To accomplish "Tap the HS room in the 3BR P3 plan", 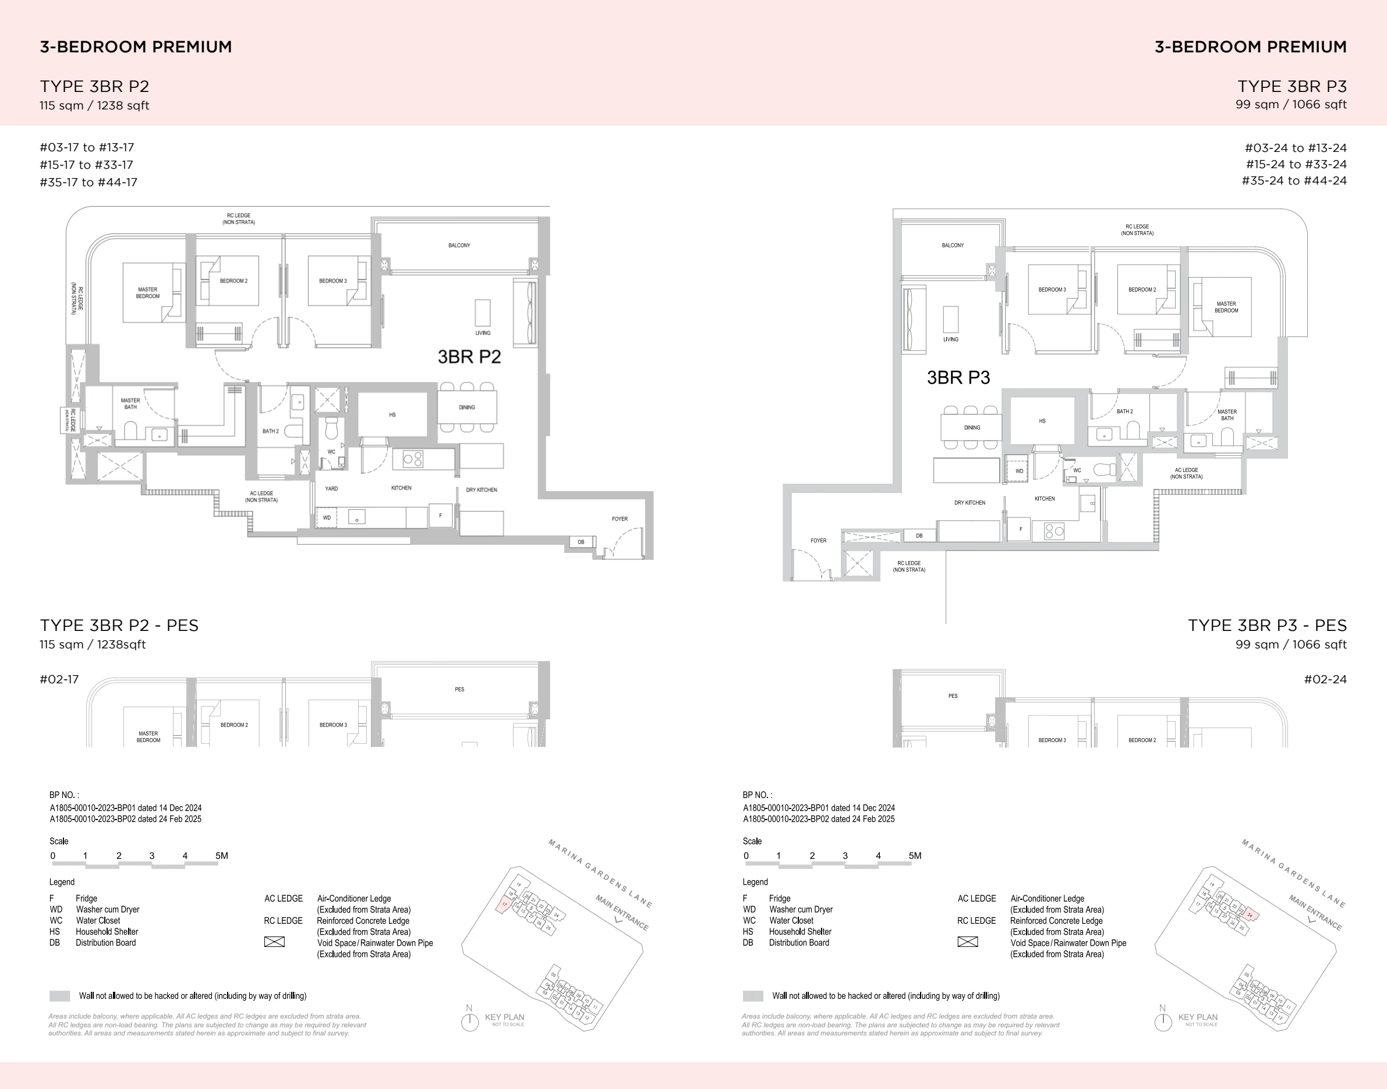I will coord(1042,421).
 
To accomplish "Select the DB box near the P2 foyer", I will coord(581,542).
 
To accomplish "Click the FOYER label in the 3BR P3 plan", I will coord(818,540).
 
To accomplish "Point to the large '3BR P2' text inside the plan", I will coord(469,357).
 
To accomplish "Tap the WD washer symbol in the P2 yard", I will coord(327,517).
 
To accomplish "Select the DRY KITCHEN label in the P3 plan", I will coord(970,502).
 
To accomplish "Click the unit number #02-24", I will coord(1325,679).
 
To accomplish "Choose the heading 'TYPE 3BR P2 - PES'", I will coord(119,625).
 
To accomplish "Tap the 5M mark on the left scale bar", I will coord(221,856).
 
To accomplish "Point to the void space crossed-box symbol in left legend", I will coord(274,942).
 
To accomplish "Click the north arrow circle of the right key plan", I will coord(1162,1022).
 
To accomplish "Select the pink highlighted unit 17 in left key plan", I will coord(504,904).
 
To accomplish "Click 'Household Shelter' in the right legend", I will coord(799,931).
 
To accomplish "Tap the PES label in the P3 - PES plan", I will coord(953,696).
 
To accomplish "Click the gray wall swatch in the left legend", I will coord(59,995).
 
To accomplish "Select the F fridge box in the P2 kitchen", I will coord(440,515).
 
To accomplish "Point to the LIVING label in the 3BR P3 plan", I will coord(950,339).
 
